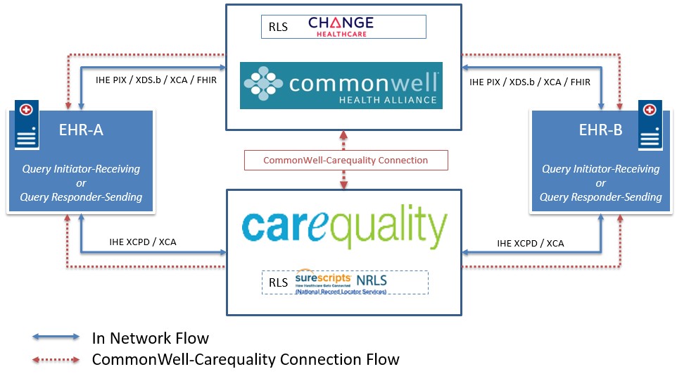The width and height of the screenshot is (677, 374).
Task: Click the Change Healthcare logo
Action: click(341, 26)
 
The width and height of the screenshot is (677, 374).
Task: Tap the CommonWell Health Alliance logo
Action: click(341, 85)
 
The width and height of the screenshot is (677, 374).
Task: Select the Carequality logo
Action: click(343, 227)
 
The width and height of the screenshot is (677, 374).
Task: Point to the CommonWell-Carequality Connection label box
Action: click(345, 160)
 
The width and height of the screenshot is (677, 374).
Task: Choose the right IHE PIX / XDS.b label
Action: click(530, 82)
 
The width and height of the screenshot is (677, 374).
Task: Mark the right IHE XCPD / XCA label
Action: click(531, 244)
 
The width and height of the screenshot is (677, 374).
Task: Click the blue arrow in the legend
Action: click(56, 339)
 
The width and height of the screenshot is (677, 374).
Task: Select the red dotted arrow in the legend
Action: click(56, 360)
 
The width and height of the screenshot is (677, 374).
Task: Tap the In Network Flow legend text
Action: click(151, 338)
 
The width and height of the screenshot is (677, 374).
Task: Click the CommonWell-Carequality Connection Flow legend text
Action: click(246, 359)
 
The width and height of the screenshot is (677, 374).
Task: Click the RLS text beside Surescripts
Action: click(278, 282)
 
